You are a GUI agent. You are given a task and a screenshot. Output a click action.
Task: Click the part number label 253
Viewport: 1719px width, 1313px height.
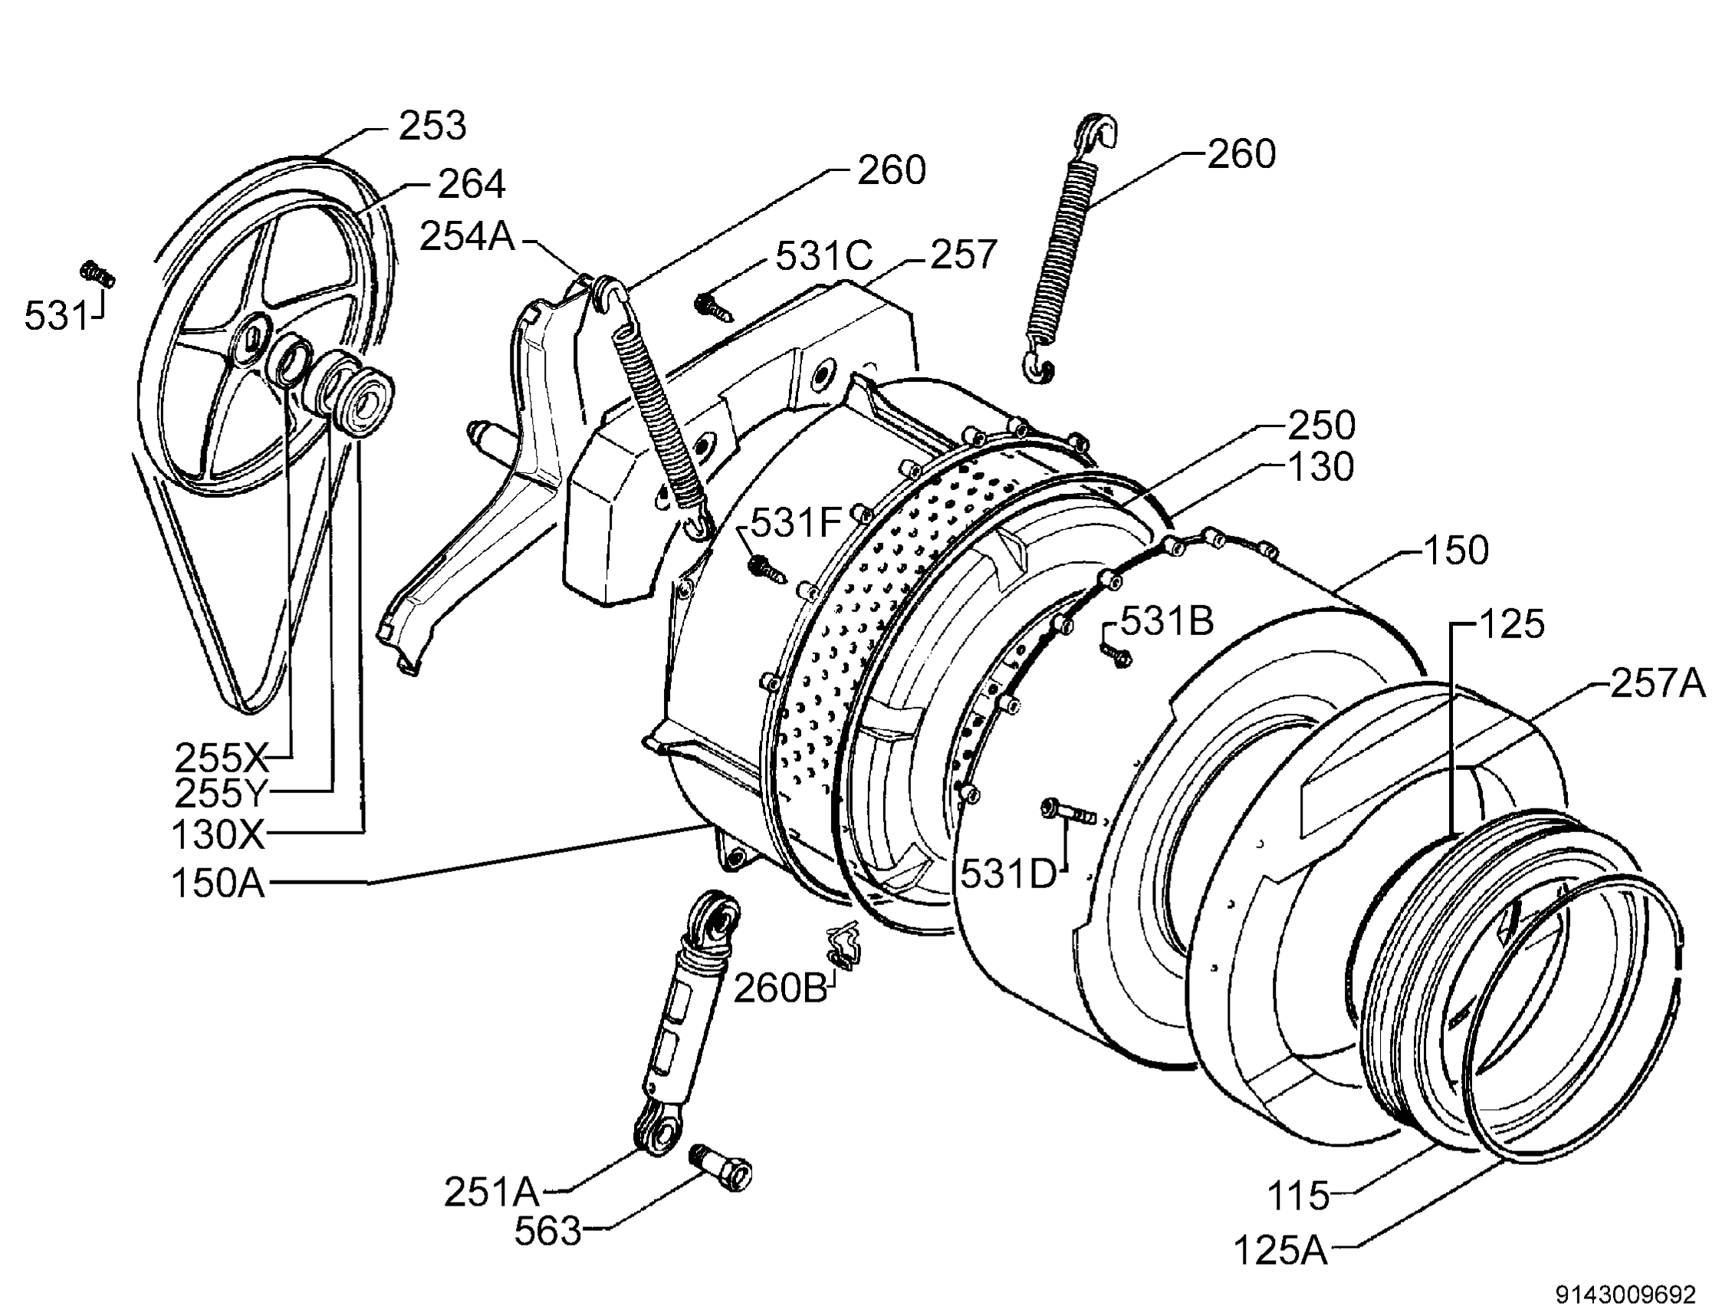tap(432, 127)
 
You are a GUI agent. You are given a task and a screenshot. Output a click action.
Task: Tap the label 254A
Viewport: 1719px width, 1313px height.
tap(467, 236)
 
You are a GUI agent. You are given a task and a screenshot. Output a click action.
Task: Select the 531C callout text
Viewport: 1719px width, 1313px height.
tap(823, 255)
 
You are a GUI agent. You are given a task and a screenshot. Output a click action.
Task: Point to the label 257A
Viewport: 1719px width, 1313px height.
tap(1657, 684)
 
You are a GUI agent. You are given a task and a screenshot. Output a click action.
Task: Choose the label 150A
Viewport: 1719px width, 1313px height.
tap(218, 884)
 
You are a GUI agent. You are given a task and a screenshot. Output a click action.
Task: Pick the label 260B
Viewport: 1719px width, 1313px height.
tap(779, 989)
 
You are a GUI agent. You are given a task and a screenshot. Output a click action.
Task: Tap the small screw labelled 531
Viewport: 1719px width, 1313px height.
tap(97, 274)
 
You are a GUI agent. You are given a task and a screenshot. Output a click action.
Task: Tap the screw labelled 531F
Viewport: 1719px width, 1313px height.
tap(768, 569)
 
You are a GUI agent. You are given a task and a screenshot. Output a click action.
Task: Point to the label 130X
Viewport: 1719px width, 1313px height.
tap(218, 834)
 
